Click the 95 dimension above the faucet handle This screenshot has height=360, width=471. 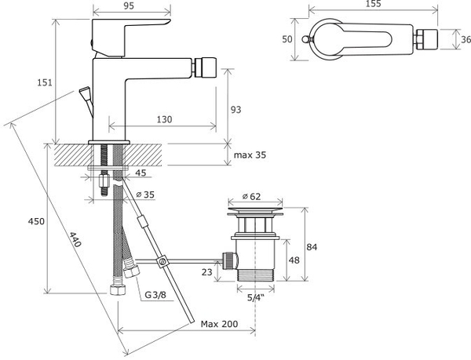[x=129, y=5]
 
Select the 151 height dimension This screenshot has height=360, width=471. [x=45, y=82]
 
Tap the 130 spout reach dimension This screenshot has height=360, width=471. [x=165, y=119]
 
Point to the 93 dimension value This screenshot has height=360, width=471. [x=236, y=110]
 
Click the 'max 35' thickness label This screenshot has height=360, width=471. [x=250, y=155]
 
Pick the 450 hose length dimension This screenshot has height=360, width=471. [x=36, y=221]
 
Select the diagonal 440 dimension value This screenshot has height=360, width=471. [x=75, y=239]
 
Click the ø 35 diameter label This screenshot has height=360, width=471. [x=145, y=195]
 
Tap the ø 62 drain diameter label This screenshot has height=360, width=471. [x=251, y=197]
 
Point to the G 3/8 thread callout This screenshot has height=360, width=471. [x=155, y=295]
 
